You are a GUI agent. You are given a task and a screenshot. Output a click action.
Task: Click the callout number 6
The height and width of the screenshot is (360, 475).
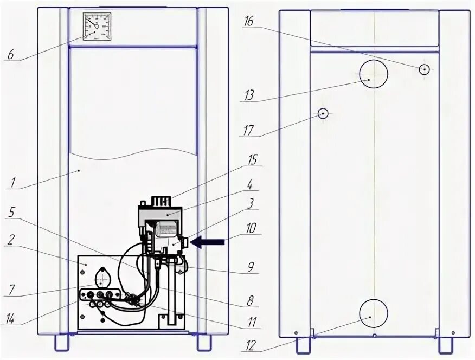tap(10, 55)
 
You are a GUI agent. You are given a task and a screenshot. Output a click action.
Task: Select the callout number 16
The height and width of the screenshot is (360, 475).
tap(249, 22)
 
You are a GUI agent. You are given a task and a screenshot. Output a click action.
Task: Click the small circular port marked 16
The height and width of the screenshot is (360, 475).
tap(425, 69)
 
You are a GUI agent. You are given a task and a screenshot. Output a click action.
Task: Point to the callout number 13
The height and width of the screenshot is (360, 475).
tap(249, 95)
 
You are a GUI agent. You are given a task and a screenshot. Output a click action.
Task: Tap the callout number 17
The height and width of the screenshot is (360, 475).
tap(249, 131)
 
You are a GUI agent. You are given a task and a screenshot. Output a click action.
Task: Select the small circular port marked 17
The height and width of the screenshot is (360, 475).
tap(323, 113)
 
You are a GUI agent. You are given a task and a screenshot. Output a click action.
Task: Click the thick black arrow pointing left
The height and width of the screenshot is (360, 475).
tap(208, 243)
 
